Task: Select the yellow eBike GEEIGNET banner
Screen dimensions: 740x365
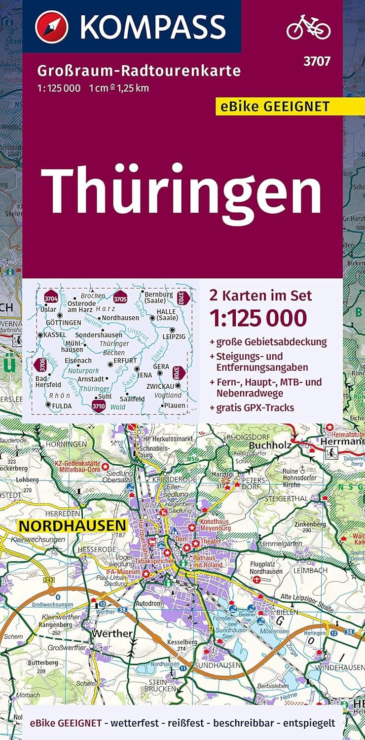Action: [x=279, y=106]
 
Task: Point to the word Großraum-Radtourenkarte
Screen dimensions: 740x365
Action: [x=139, y=71]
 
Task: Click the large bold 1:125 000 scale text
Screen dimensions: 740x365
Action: [x=258, y=318]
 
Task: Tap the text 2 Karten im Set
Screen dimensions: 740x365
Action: [x=261, y=296]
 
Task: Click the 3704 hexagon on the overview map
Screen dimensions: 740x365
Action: [x=51, y=298]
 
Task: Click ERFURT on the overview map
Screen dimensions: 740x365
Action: [x=125, y=361]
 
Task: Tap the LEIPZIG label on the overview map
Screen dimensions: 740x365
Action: [x=173, y=336]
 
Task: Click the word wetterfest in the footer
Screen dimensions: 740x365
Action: [x=135, y=723]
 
